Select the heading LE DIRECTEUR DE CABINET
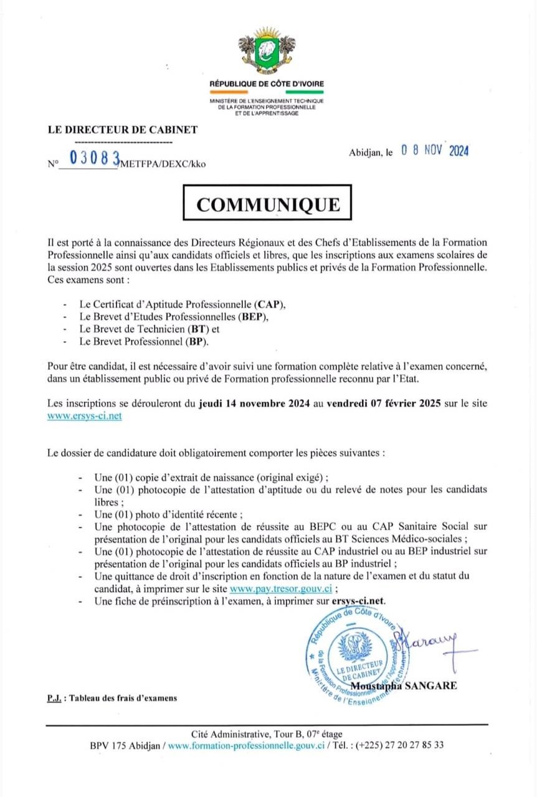[123, 130]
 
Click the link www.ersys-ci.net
[85, 417]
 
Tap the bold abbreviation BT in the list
[202, 329]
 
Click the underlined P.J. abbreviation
[54, 698]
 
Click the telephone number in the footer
[399, 745]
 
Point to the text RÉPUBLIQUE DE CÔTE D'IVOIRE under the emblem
[267, 83]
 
